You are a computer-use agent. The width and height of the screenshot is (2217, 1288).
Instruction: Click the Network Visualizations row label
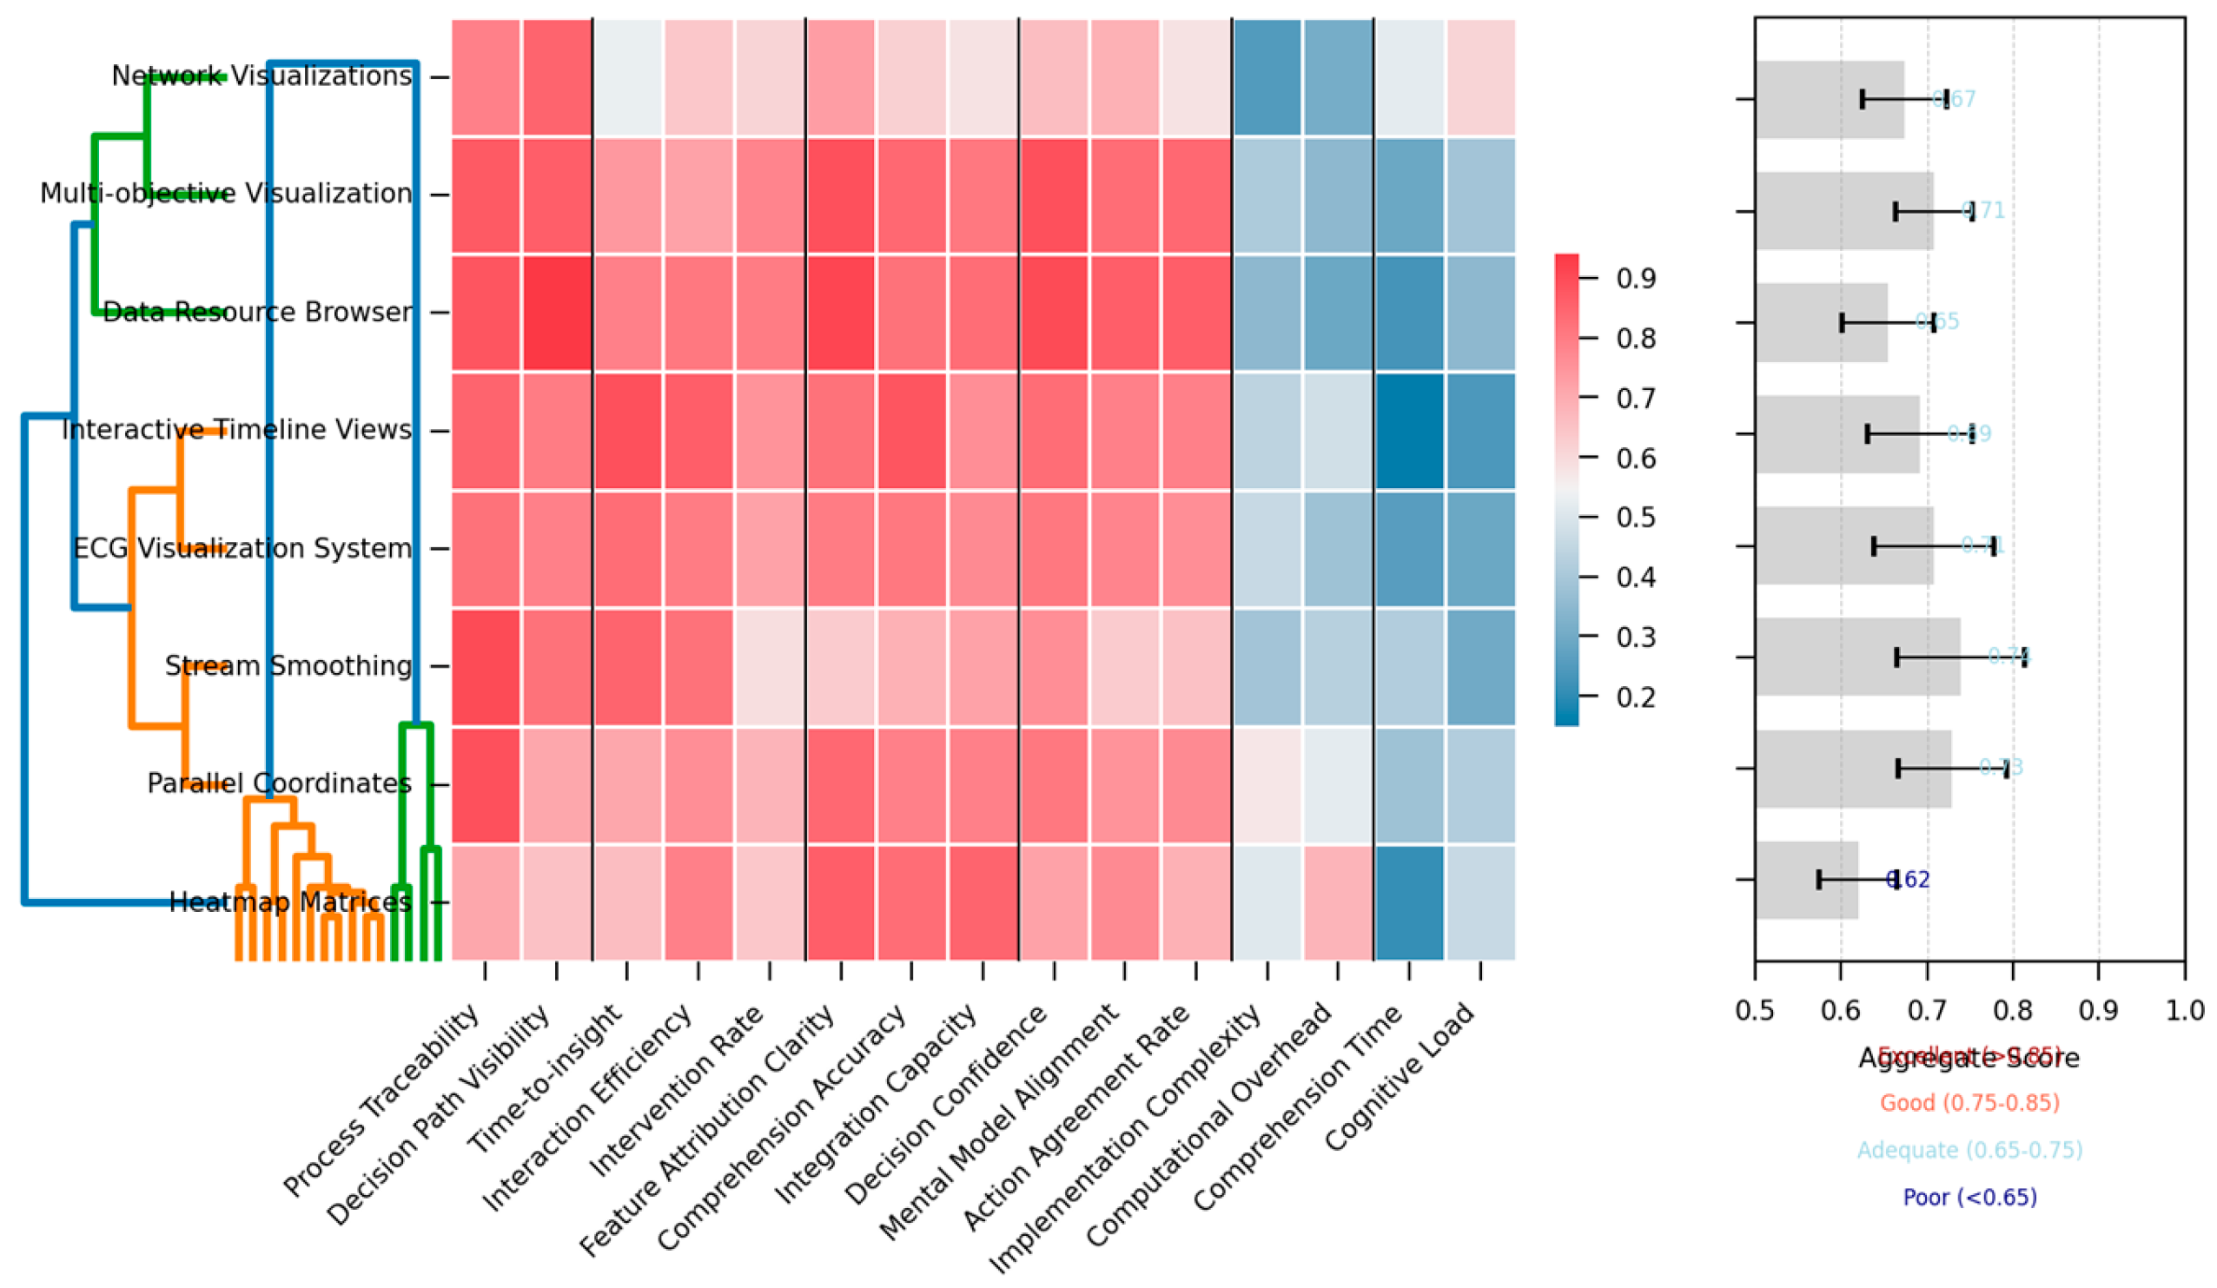pyautogui.click(x=261, y=76)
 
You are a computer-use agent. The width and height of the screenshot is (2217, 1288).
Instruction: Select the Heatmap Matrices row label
pyautogui.click(x=289, y=902)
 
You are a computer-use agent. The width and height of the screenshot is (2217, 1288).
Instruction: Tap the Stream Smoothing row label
pyautogui.click(x=288, y=666)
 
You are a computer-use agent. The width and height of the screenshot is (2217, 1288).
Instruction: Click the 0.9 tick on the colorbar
pyautogui.click(x=1636, y=279)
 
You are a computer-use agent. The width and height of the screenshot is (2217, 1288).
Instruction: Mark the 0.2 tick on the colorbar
pyautogui.click(x=1636, y=697)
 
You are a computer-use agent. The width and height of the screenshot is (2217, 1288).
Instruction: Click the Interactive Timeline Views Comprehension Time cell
pyautogui.click(x=1408, y=430)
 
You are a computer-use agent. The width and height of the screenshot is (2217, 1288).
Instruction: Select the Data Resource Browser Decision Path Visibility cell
pyautogui.click(x=556, y=313)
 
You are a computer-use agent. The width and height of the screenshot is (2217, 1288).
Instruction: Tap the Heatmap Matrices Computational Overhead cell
pyautogui.click(x=1337, y=902)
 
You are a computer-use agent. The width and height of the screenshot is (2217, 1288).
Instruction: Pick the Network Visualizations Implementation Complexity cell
pyautogui.click(x=1267, y=77)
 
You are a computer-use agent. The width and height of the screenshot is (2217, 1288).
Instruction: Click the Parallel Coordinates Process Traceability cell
pyautogui.click(x=485, y=784)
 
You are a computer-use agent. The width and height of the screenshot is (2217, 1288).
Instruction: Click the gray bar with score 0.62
pyautogui.click(x=1806, y=880)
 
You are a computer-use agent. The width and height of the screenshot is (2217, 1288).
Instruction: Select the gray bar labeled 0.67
pyautogui.click(x=1829, y=99)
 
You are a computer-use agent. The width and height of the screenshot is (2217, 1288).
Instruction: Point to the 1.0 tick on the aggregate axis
pyautogui.click(x=2184, y=1010)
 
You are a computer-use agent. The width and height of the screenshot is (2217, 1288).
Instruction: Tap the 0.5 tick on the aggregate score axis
pyautogui.click(x=1754, y=1010)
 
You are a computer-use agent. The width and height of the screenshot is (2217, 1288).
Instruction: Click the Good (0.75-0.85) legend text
pyautogui.click(x=1969, y=1102)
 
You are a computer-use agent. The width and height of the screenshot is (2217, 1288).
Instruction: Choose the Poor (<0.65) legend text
pyautogui.click(x=1969, y=1197)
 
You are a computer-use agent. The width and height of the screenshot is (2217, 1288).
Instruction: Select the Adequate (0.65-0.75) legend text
pyautogui.click(x=1969, y=1150)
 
